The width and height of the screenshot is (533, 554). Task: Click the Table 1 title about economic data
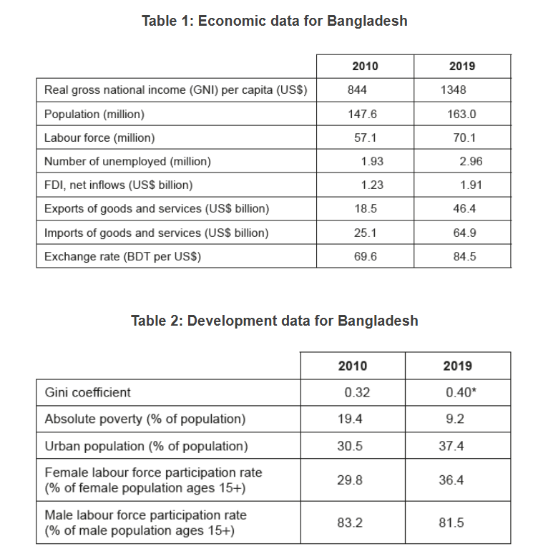274,21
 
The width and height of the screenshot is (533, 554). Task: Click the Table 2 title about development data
274,320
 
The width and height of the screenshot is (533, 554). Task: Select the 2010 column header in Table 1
365,66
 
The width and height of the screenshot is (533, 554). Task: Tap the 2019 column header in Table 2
457,366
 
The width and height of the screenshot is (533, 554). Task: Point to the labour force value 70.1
464,137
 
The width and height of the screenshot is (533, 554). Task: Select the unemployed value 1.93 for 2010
372,161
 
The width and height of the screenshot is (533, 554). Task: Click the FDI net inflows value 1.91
470,185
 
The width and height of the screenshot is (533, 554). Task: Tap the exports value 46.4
464,209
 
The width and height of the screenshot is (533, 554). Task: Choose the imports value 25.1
365,233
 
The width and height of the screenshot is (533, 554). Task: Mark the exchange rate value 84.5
464,256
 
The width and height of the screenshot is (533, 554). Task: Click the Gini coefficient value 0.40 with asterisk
459,392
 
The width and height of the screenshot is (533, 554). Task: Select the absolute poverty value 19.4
350,419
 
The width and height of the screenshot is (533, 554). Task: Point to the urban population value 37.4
451,446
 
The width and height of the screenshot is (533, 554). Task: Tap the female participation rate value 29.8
350,480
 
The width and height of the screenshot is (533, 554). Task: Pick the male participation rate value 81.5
451,523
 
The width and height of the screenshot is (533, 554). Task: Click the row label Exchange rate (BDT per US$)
122,256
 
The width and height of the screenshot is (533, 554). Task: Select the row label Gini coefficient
88,392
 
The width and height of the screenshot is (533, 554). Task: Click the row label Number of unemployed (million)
127,161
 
